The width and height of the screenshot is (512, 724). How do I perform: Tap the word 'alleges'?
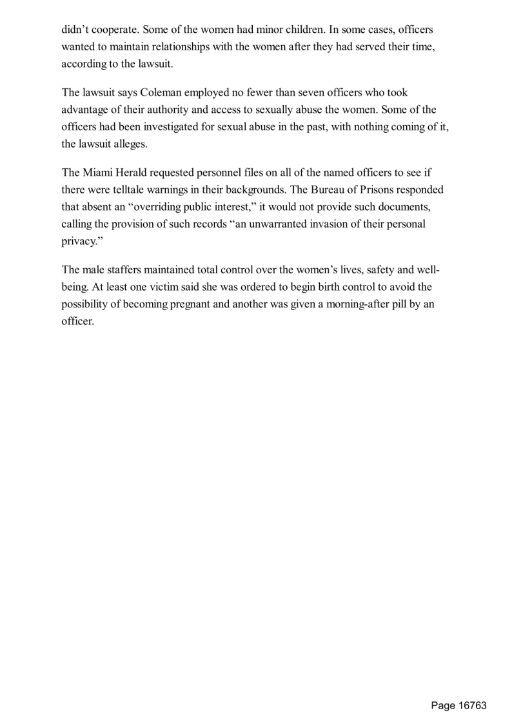pos(132,144)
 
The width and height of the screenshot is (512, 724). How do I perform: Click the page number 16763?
pos(472,705)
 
